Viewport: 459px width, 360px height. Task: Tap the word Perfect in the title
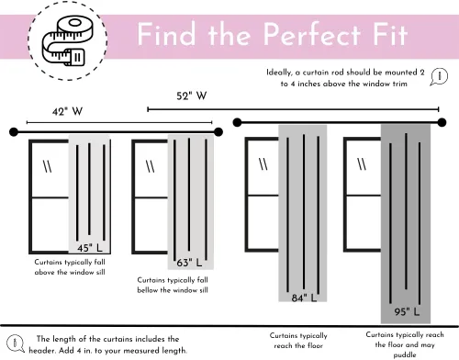312,34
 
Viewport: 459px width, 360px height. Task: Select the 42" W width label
67,111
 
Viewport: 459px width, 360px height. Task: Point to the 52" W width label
192,96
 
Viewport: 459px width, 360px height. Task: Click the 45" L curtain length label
90,248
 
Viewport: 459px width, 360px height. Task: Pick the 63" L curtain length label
189,263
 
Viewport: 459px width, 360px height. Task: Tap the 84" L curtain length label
304,298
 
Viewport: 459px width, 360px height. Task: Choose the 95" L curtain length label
407,311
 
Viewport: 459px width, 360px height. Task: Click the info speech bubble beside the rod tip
439,76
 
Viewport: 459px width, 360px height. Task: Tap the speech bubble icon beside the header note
15,343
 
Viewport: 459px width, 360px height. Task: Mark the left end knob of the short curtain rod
14,132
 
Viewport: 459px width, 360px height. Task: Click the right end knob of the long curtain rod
442,122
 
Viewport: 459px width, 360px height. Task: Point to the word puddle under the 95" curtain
405,354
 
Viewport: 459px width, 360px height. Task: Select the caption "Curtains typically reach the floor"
298,341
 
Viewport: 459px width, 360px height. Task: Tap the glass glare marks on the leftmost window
48,167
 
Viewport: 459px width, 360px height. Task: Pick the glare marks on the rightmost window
362,163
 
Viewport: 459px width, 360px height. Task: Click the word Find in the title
166,34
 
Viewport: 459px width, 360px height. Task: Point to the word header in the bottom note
42,350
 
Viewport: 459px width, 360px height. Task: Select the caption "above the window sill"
70,272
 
